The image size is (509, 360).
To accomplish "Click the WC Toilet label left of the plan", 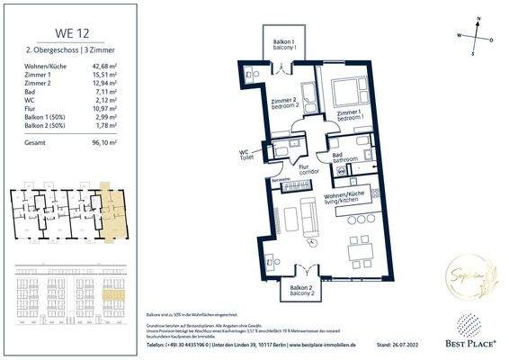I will (x=246, y=154).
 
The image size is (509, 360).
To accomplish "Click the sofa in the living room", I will (x=306, y=217).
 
